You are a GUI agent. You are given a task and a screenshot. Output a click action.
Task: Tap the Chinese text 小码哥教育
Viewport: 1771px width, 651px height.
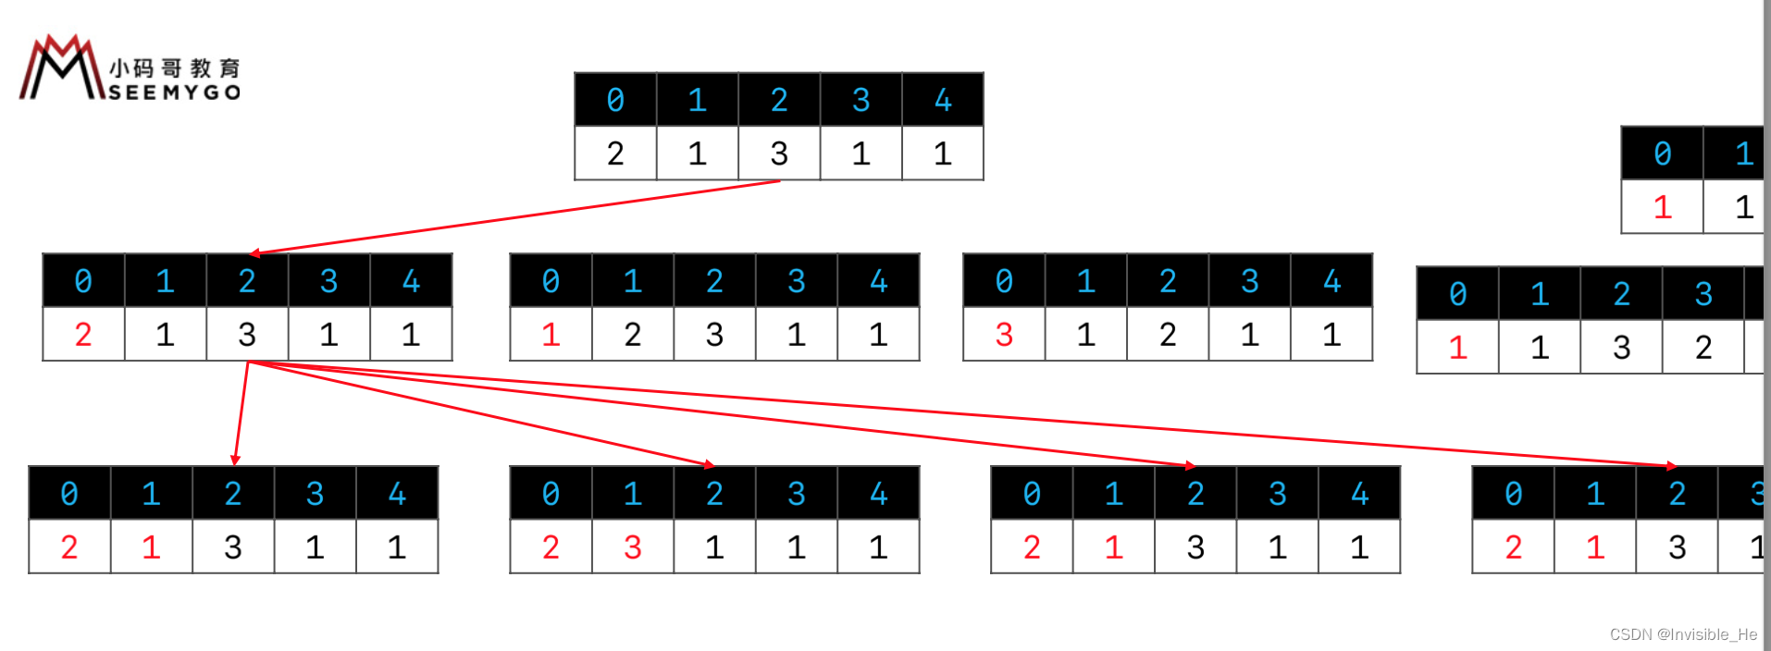pyautogui.click(x=175, y=68)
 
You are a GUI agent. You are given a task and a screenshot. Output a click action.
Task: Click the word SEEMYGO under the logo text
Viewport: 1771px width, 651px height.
pyautogui.click(x=175, y=92)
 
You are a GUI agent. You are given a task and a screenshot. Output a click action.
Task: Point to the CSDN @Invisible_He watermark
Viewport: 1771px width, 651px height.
pyautogui.click(x=1682, y=634)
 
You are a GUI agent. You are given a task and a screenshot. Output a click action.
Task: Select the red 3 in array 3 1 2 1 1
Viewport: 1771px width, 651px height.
pyautogui.click(x=1004, y=334)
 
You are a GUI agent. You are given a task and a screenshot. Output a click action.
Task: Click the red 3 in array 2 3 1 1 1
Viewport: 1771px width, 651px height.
pyautogui.click(x=632, y=547)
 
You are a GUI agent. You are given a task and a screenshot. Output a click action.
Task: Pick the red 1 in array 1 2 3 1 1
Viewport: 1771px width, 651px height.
pyautogui.click(x=551, y=334)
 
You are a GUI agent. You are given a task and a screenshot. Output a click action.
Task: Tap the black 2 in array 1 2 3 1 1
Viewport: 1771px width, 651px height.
pyautogui.click(x=632, y=334)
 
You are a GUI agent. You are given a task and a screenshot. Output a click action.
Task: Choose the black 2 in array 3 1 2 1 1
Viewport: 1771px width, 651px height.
pyautogui.click(x=1168, y=334)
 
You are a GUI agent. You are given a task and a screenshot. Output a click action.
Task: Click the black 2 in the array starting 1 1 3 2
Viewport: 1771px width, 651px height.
pyautogui.click(x=1703, y=348)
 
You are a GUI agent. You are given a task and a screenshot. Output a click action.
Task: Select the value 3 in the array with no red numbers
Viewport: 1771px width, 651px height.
pyautogui.click(x=779, y=154)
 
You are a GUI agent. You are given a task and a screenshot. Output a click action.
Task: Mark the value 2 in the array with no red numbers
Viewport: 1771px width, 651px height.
pyautogui.click(x=615, y=154)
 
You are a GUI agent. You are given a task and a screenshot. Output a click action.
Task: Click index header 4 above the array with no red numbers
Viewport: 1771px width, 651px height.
pyautogui.click(x=942, y=100)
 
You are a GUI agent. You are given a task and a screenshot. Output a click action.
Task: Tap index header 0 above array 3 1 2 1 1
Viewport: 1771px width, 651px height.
pyautogui.click(x=1004, y=281)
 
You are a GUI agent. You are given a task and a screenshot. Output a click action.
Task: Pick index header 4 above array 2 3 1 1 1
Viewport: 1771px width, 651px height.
pyautogui.click(x=878, y=494)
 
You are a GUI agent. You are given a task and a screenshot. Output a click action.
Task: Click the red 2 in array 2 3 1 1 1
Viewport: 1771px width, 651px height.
pyautogui.click(x=551, y=547)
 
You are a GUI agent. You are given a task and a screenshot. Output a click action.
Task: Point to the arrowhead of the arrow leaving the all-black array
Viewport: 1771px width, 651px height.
pyautogui.click(x=255, y=252)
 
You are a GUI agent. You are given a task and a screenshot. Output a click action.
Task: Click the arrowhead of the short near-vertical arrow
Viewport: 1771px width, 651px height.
pyautogui.click(x=236, y=460)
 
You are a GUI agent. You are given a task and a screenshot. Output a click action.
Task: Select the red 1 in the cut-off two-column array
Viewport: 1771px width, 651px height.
pyautogui.click(x=1662, y=207)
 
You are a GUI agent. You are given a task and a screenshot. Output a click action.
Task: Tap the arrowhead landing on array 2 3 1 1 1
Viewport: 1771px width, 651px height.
pyautogui.click(x=709, y=464)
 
